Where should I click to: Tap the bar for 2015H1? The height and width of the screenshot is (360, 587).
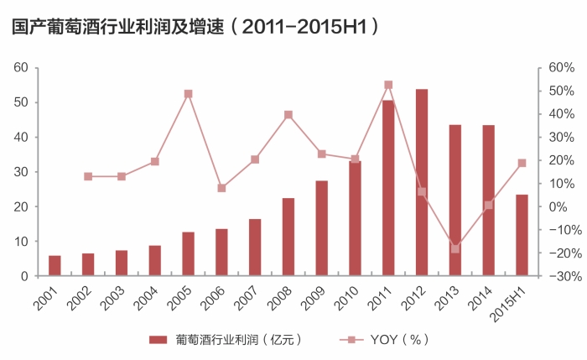[x=522, y=235]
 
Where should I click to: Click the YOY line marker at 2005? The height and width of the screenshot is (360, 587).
[x=189, y=94]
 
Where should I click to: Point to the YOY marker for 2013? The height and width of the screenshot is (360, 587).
[x=455, y=248]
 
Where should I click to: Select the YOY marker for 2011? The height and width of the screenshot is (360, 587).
[x=388, y=85]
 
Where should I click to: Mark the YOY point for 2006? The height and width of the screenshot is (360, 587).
[x=221, y=188]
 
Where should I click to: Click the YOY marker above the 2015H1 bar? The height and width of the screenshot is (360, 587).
[x=522, y=163]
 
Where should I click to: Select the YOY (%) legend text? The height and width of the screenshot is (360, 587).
[x=400, y=339]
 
